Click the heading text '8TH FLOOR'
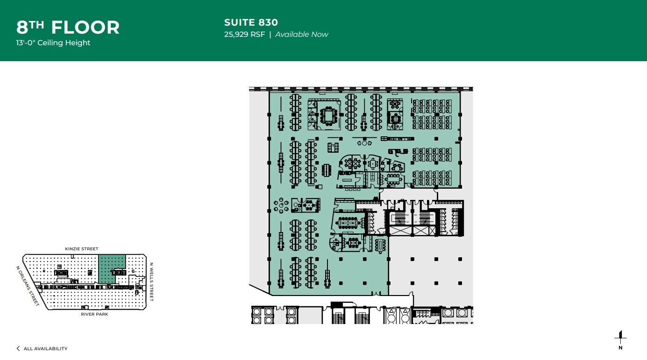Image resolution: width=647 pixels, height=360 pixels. tap(68, 27)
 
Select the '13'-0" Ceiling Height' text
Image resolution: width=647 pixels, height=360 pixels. tap(53, 43)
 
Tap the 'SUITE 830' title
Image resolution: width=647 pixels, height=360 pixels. tap(251, 22)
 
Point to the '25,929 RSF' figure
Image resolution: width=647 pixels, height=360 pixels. tap(244, 35)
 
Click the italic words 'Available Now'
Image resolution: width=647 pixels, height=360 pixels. tap(301, 35)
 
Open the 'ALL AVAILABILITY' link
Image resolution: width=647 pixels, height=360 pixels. tap(45, 349)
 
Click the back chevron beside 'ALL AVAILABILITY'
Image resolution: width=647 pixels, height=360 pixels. tap(18, 349)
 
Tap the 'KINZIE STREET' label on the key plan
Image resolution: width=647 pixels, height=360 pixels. tap(82, 249)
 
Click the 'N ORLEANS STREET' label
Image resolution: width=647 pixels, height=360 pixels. tap(27, 286)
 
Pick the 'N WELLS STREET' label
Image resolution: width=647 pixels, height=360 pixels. tap(151, 281)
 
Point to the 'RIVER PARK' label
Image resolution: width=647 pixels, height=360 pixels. tap(94, 314)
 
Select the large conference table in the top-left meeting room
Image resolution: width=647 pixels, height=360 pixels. tap(329, 115)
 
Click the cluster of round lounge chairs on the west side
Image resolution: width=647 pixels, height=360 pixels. tap(281, 205)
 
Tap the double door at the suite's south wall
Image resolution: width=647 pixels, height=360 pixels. tap(375, 294)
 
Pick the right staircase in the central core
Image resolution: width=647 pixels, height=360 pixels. tap(425, 219)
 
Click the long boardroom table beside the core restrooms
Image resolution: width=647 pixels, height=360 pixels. tap(348, 223)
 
